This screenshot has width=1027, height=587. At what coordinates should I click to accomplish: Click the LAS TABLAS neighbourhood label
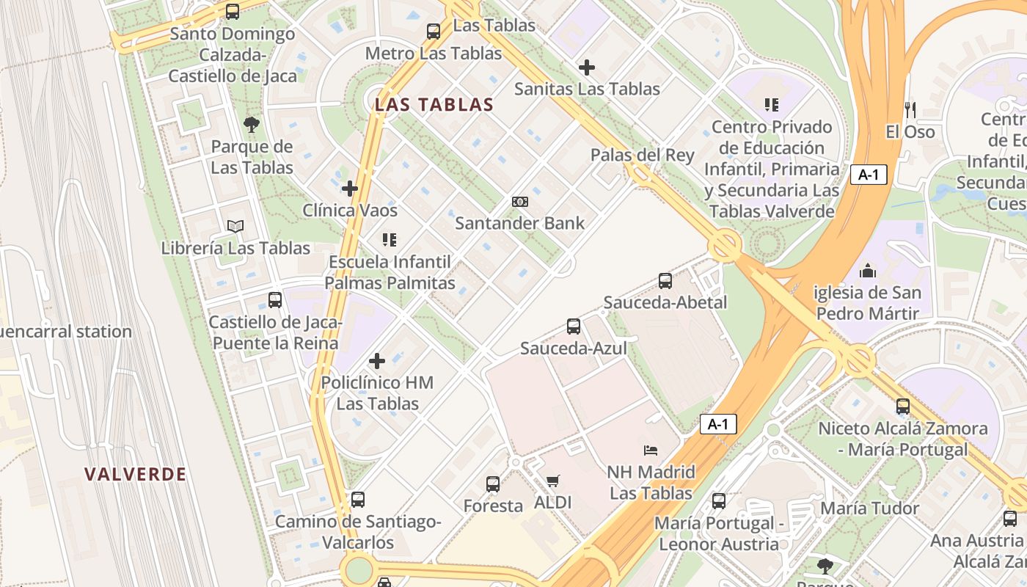[434, 105]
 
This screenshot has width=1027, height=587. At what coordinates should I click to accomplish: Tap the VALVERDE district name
[135, 474]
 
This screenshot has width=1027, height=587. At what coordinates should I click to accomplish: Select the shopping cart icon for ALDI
[552, 481]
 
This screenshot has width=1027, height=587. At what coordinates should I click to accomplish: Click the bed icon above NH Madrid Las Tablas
[651, 450]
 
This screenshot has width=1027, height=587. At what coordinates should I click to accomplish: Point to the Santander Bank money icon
[520, 202]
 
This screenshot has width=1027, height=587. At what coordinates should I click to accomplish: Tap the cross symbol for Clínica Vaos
[350, 189]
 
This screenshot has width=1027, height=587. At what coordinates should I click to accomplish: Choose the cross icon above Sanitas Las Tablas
[587, 68]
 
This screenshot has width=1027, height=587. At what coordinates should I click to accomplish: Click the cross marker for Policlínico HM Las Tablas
[377, 361]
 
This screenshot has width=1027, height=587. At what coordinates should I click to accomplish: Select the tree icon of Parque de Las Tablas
[252, 124]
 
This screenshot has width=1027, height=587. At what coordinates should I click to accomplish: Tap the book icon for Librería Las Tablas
[235, 226]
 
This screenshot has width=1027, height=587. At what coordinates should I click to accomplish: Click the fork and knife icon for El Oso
[910, 110]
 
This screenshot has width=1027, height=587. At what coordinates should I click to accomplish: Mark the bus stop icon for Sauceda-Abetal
[665, 280]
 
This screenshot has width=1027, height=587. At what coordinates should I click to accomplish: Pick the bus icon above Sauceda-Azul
[574, 327]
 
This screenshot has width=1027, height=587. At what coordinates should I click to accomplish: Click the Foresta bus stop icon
[493, 484]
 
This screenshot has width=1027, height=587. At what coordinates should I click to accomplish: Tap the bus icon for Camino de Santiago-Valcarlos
[358, 500]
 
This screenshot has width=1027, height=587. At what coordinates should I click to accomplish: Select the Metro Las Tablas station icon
[434, 32]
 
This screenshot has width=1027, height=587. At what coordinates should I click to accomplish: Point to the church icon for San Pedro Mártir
[868, 271]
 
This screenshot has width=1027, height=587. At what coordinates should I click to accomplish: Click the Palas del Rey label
[642, 155]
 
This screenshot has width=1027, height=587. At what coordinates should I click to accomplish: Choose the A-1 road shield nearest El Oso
[869, 175]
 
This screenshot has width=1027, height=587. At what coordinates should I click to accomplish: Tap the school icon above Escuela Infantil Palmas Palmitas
[390, 239]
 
